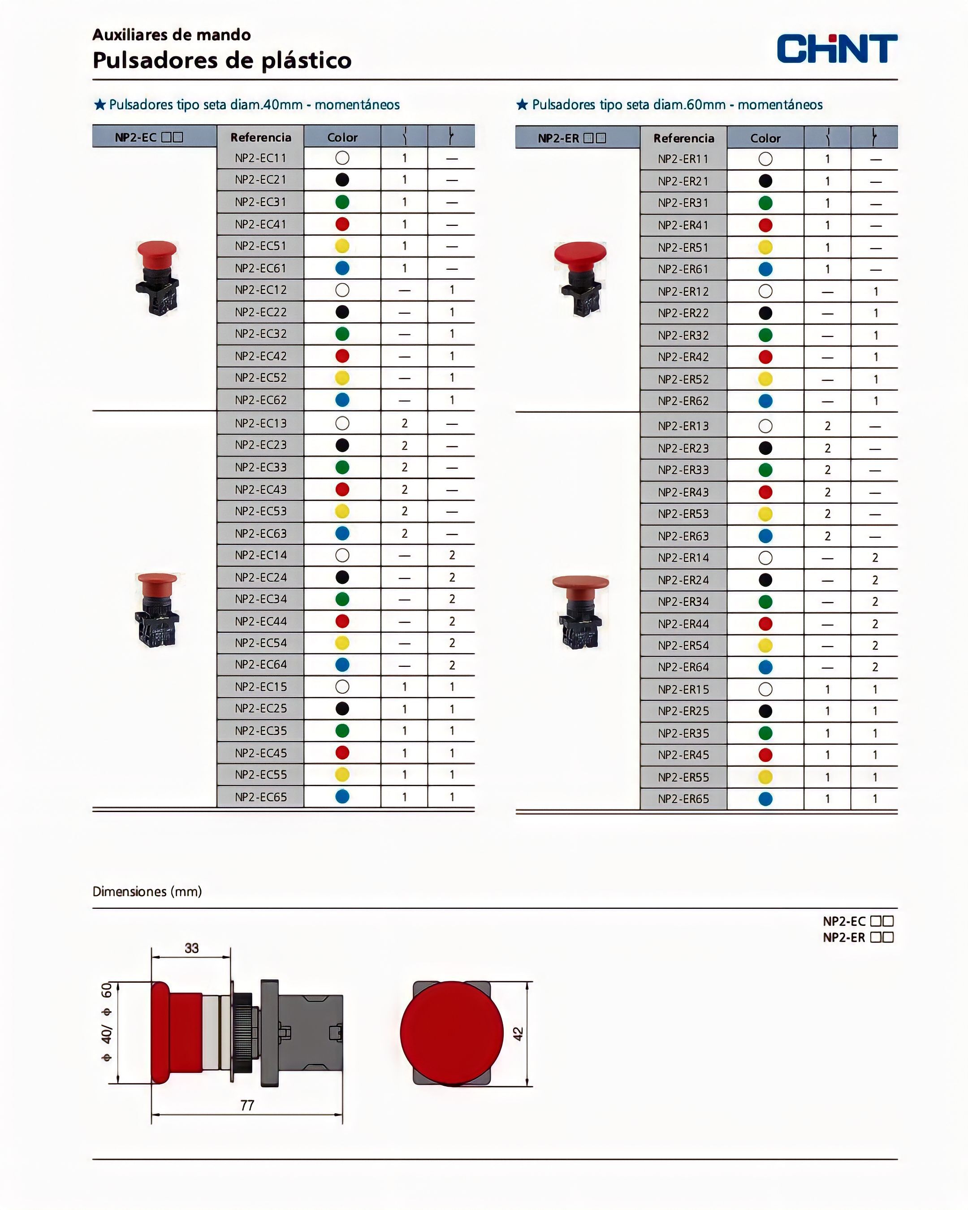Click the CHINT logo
pyautogui.click(x=837, y=48)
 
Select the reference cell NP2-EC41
pyautogui.click(x=260, y=225)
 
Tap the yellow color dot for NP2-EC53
pyautogui.click(x=342, y=511)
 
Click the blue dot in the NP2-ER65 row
pyautogui.click(x=765, y=799)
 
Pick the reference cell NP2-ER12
pyautogui.click(x=683, y=291)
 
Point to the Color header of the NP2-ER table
pyautogui.click(x=765, y=138)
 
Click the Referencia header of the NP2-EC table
pyautogui.click(x=261, y=138)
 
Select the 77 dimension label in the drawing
pyautogui.click(x=247, y=1105)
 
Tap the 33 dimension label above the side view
pyautogui.click(x=192, y=948)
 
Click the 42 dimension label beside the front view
pyautogui.click(x=518, y=1033)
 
